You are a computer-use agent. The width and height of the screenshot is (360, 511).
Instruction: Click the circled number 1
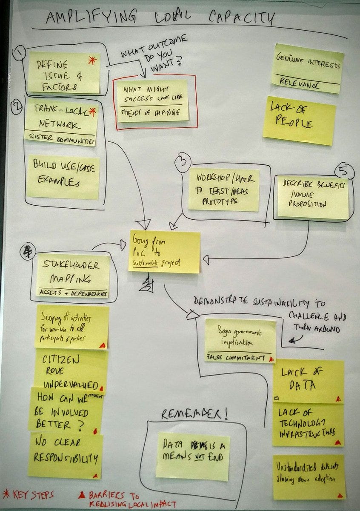tap(19, 54)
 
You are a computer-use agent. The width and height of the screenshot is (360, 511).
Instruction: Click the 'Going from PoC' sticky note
tap(164, 252)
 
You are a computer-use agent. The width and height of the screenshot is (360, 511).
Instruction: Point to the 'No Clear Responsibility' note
tap(65, 454)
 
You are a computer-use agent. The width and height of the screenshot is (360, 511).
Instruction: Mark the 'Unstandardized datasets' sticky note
tap(308, 477)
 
